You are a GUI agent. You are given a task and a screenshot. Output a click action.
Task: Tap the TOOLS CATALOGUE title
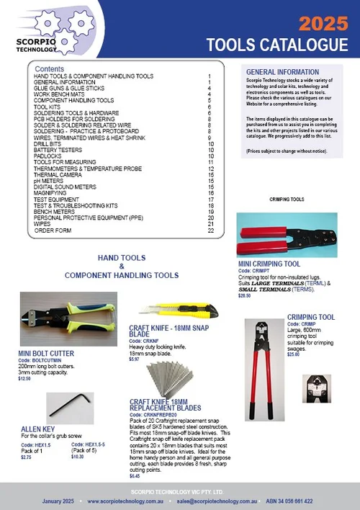[277, 45]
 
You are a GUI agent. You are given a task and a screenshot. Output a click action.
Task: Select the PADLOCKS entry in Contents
[48, 156]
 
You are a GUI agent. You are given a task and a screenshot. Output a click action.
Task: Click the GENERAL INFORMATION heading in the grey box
[282, 73]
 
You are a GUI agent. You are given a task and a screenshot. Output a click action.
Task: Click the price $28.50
[245, 296]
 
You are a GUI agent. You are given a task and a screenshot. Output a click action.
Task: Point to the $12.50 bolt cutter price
[25, 378]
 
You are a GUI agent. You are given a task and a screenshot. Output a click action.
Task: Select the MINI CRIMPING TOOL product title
[269, 264]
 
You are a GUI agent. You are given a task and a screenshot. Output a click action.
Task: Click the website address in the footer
[132, 500]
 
